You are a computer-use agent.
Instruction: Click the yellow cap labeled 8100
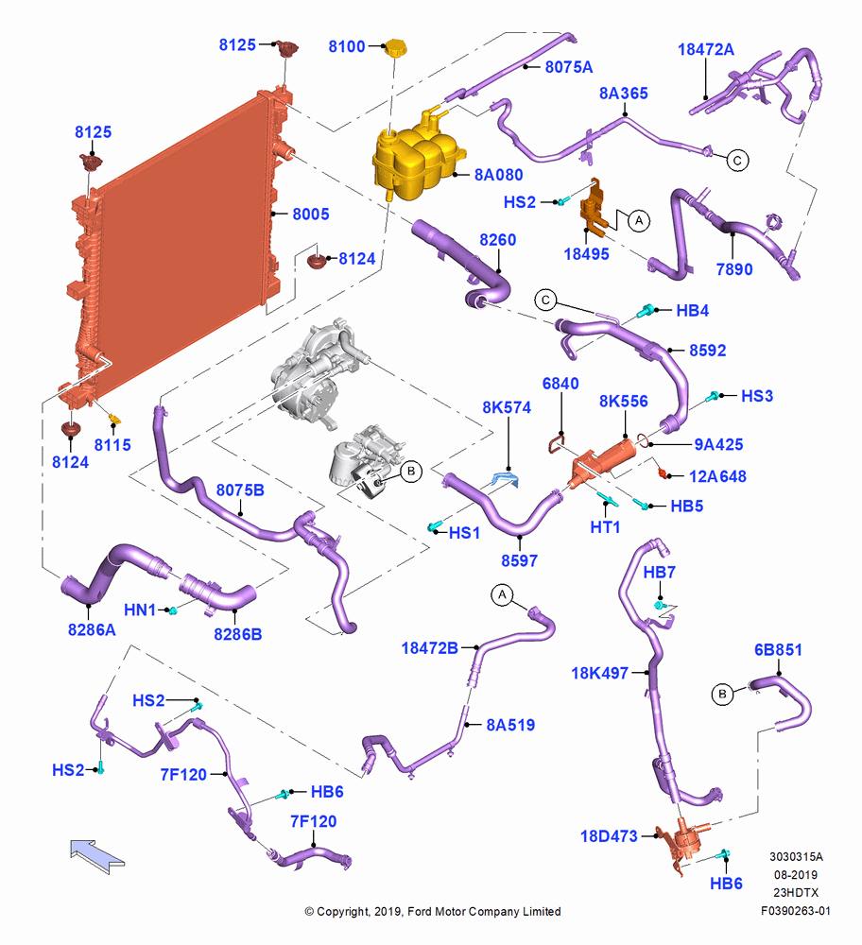395,47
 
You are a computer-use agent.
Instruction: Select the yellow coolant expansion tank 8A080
415,157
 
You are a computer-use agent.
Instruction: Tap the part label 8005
310,214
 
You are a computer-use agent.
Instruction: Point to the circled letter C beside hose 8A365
737,161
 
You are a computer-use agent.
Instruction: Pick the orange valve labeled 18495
594,207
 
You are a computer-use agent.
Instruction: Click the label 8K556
623,402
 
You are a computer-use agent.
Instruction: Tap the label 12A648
717,476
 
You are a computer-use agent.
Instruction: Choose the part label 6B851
778,650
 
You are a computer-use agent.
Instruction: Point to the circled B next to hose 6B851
722,695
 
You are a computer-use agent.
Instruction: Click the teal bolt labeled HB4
646,311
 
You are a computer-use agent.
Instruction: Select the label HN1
140,610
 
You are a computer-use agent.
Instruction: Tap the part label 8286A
92,629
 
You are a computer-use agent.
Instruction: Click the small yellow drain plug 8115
116,419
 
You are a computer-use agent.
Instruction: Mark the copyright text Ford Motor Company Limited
484,911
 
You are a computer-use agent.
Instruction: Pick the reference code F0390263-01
795,911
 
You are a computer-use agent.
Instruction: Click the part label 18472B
430,648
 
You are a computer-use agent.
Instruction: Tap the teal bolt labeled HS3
714,397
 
